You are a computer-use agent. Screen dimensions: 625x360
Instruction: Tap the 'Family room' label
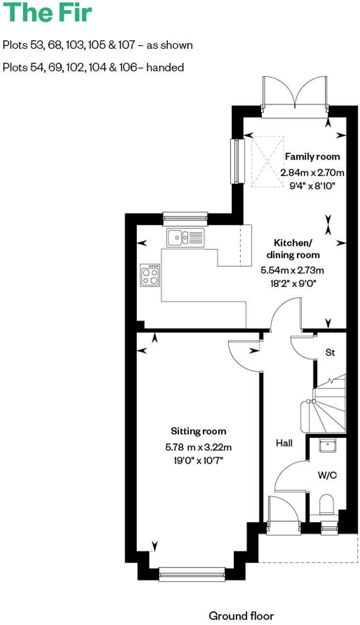(312, 157)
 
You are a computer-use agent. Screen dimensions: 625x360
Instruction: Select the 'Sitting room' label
(198, 431)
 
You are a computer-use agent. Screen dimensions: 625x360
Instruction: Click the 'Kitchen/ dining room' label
(293, 249)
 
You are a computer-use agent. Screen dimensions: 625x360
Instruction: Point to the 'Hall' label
(284, 443)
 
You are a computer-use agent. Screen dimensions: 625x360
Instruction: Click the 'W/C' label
(327, 475)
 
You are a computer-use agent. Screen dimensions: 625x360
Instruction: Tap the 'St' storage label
(330, 353)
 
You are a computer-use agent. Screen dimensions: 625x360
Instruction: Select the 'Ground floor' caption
(241, 616)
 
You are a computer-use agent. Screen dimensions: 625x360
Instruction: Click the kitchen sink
(185, 238)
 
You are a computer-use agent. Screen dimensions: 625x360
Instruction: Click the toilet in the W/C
(327, 505)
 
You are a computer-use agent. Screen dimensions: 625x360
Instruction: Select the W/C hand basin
(328, 446)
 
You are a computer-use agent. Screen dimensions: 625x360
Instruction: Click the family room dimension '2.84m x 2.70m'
(312, 172)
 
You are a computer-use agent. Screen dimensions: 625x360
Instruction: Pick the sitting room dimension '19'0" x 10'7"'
(198, 460)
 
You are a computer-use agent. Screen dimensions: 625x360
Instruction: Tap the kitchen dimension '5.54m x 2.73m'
(292, 270)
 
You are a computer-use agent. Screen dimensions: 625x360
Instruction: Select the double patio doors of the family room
(296, 96)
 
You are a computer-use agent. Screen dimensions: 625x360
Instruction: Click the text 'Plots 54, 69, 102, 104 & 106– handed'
(93, 67)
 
